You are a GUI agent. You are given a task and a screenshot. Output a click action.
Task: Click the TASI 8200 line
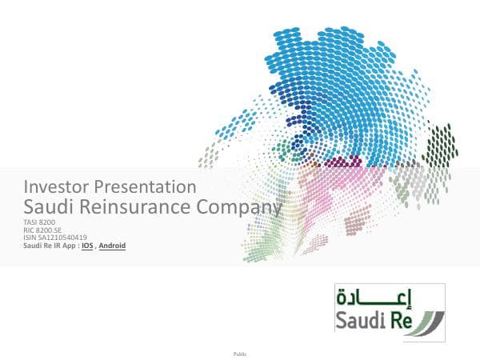[40, 222]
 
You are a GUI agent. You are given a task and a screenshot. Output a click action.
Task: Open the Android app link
[112, 246]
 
